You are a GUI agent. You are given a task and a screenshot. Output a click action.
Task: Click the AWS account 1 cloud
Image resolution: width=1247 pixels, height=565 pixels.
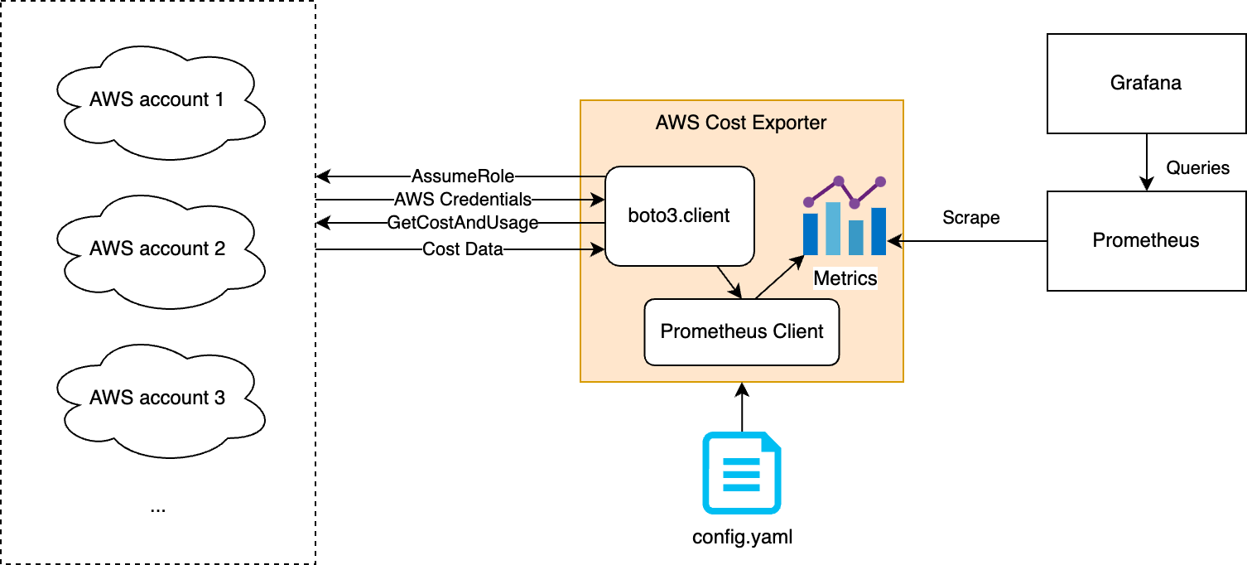pos(157,100)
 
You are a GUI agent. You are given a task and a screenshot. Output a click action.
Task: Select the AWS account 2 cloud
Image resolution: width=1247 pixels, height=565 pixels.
pos(157,249)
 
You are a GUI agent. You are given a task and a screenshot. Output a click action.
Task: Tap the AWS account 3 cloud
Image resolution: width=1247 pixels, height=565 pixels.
pos(157,398)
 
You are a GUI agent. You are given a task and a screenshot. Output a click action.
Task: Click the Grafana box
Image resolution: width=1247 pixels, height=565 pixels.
pos(1146,84)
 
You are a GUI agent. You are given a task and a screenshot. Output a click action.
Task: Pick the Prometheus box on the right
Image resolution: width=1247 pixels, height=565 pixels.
pos(1146,241)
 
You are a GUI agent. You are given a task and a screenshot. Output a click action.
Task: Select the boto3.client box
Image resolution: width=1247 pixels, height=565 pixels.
pos(680,216)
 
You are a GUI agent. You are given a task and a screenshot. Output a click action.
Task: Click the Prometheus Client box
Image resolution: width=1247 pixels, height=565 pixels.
pos(742,332)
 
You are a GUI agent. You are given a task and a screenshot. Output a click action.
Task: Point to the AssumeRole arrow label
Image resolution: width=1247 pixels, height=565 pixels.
pos(463,176)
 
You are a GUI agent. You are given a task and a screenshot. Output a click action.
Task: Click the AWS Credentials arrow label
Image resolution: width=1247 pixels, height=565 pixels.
pos(463,200)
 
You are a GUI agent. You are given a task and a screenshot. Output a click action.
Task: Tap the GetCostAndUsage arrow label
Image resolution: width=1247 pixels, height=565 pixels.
pos(463,223)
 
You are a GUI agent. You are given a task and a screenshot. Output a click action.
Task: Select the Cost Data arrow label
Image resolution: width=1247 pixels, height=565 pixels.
pos(463,249)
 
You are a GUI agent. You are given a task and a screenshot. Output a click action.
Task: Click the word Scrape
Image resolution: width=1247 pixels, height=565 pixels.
pos(971,218)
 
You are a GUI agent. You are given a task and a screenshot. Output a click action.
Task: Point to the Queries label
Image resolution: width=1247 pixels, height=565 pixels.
pos(1197,168)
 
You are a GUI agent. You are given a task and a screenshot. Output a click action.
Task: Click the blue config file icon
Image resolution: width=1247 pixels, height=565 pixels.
pos(742,472)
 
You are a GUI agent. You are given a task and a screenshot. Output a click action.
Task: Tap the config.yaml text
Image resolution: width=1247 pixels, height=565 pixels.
pos(742,537)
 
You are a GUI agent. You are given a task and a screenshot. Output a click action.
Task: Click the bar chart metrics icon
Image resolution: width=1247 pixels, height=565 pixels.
pos(845,218)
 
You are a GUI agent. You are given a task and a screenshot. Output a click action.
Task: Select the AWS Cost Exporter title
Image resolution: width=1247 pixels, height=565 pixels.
pos(741,123)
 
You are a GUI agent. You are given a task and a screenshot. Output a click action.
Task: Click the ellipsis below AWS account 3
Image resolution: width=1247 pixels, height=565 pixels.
pos(158,508)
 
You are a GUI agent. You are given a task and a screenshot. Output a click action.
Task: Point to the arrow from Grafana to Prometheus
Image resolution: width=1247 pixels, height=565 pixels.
pos(1146,162)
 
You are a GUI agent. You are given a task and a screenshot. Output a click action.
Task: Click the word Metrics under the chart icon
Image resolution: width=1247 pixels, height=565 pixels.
pos(845,278)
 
